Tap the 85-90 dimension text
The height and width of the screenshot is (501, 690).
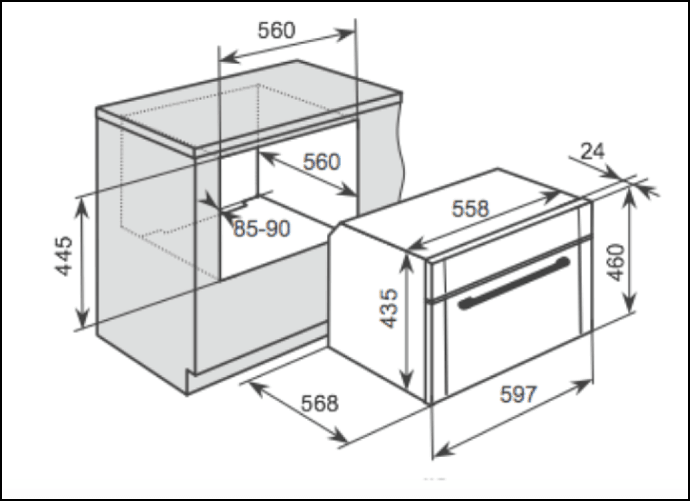point(262,228)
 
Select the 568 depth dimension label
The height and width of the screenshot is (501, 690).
point(320,403)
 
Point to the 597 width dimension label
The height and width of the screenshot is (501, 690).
point(519,394)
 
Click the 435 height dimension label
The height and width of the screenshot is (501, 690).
point(389,308)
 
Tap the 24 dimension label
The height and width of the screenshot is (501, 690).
point(593,151)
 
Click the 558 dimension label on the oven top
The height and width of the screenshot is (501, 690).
point(471,208)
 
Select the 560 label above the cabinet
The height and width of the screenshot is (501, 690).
point(277,30)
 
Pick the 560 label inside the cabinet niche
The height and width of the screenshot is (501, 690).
point(322,161)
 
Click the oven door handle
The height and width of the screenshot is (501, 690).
point(514,283)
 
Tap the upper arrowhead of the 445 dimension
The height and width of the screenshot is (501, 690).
point(81,207)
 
